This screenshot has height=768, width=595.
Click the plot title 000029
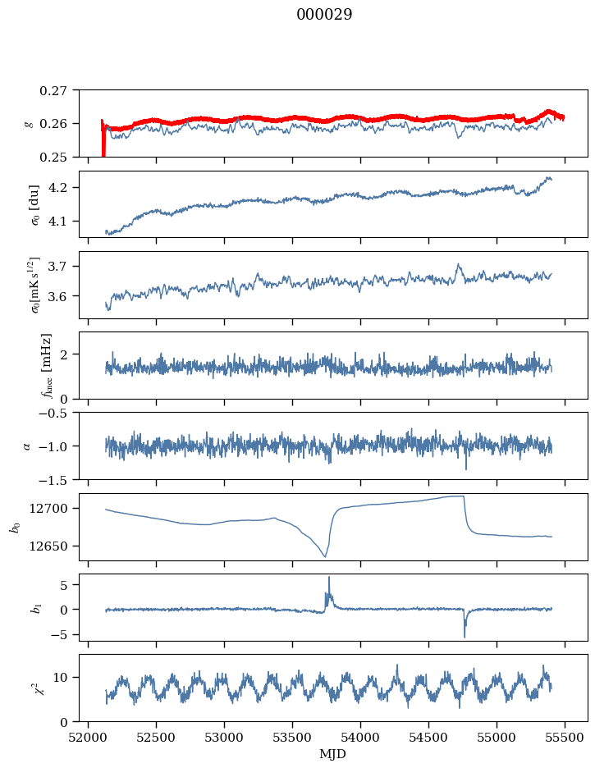[324, 14]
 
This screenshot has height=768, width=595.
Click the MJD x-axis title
[332, 754]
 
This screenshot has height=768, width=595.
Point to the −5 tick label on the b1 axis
[63, 635]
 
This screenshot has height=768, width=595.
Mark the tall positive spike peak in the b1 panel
[329, 578]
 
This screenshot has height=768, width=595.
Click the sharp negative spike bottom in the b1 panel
[465, 638]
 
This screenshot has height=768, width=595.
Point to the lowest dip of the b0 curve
[325, 557]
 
